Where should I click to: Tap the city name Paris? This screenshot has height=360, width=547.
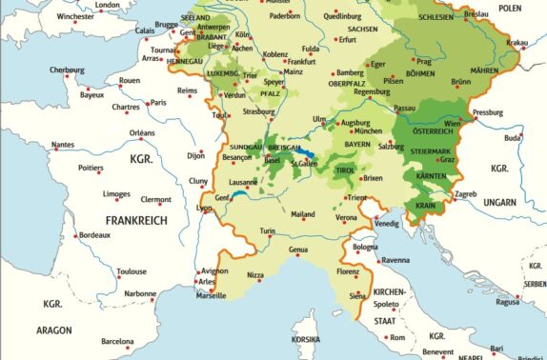point(158,103)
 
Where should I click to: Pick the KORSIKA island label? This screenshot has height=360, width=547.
point(305,339)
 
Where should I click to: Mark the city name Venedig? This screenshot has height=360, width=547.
point(388,223)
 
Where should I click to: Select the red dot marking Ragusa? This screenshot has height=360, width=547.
point(520,297)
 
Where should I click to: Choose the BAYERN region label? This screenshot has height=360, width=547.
point(357,144)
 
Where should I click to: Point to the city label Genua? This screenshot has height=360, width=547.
point(299,250)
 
